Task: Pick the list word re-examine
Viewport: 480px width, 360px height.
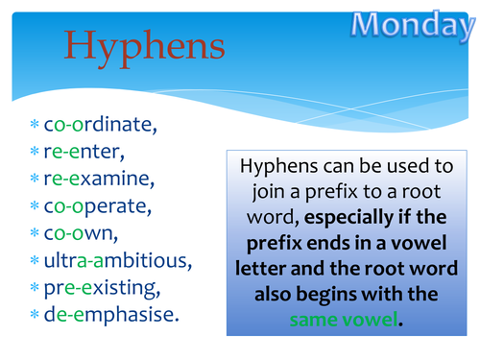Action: tap(93, 179)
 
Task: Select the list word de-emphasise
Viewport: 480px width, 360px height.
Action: tap(106, 314)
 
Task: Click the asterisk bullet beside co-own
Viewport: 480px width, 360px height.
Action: tap(35, 233)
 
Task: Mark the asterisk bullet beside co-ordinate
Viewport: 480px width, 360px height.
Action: tap(35, 125)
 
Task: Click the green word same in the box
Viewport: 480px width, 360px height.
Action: tap(317, 318)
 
